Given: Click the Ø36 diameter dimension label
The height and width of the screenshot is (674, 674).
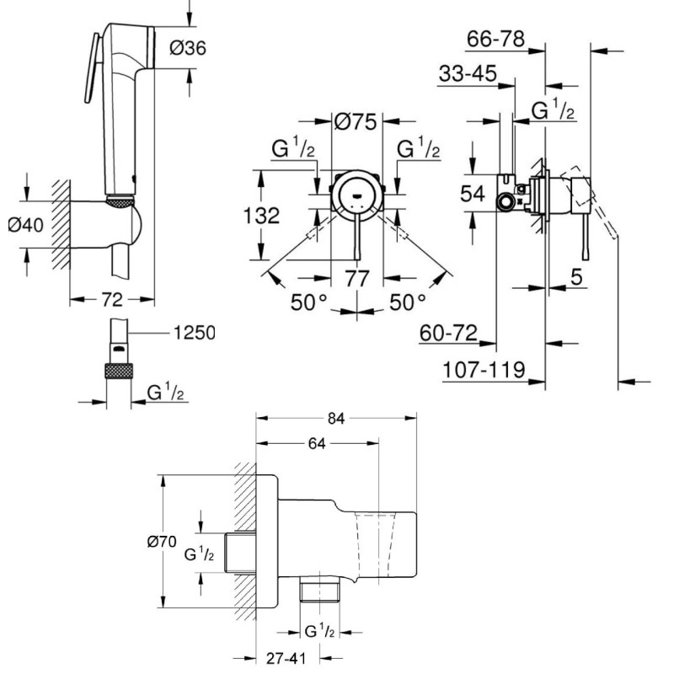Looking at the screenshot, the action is (x=188, y=47).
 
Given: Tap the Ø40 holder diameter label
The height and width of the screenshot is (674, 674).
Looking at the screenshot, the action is (x=26, y=225).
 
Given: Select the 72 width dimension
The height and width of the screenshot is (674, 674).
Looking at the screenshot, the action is (x=112, y=299).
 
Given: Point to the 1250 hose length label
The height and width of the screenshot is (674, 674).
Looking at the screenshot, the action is (x=194, y=333).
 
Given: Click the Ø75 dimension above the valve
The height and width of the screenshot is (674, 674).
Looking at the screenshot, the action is (x=356, y=122).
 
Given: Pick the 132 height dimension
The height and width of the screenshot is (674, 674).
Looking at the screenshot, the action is (x=261, y=215).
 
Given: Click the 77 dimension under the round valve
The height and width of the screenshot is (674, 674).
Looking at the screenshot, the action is (x=356, y=279).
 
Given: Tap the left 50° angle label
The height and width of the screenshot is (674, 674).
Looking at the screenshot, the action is (x=308, y=302).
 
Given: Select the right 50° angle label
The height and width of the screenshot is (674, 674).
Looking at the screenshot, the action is (x=408, y=302).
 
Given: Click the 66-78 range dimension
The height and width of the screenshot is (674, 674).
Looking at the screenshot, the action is (x=495, y=39).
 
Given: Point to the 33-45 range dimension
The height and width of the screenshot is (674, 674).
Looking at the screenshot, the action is (x=468, y=73).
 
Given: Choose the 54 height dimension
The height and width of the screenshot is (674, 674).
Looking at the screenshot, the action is (x=473, y=193).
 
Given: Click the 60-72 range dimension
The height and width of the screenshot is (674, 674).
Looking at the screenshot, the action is (x=448, y=333).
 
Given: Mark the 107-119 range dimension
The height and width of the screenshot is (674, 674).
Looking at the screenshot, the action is (x=484, y=370).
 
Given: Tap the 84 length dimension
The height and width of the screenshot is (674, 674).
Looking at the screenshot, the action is (x=335, y=418).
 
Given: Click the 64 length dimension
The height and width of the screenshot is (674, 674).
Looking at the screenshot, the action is (x=317, y=444).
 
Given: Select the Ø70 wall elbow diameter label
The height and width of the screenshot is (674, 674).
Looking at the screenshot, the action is (x=162, y=542).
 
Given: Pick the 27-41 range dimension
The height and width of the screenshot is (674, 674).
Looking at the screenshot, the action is (x=286, y=658).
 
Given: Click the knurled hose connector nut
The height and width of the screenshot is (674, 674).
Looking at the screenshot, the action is (x=119, y=371).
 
